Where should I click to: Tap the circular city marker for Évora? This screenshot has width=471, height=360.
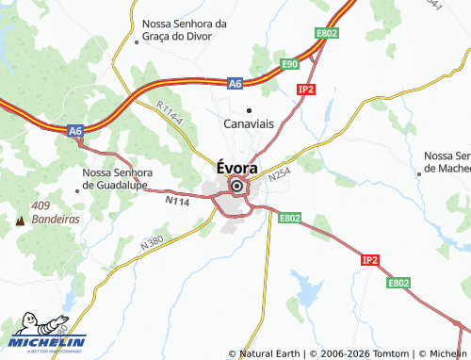[x=236, y=187]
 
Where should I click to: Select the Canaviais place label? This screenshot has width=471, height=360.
[x=249, y=124]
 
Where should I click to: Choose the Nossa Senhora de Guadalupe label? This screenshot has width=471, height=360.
[x=117, y=179]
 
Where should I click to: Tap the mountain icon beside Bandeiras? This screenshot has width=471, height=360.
[x=20, y=220]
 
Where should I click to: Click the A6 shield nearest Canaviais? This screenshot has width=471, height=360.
[x=235, y=84]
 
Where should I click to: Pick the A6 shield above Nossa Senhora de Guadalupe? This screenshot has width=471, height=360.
[x=76, y=131]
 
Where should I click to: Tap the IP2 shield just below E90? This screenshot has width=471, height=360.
[x=304, y=89]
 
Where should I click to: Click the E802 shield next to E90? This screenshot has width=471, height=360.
[x=326, y=34]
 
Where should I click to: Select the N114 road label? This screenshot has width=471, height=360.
[x=176, y=200]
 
